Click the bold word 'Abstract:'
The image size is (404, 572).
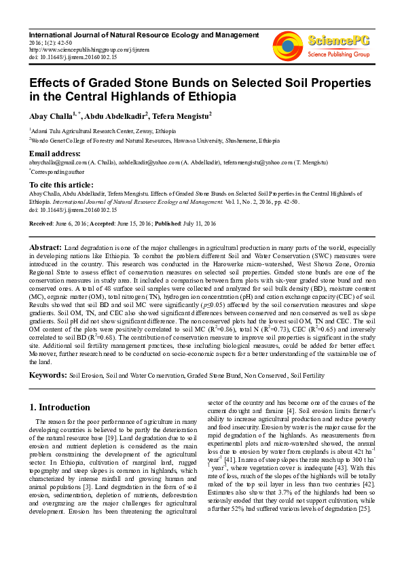tap(45, 246)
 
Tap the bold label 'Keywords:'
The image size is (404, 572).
tap(48, 374)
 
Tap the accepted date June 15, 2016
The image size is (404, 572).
tap(130, 224)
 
